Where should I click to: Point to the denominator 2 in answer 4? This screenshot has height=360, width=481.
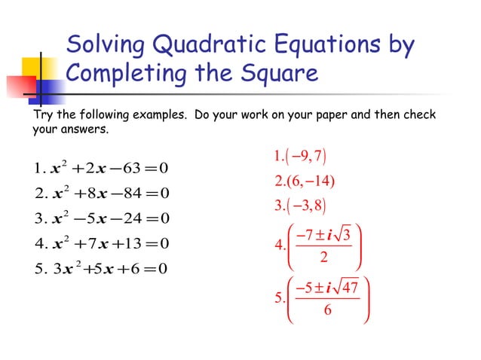tap(323, 258)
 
